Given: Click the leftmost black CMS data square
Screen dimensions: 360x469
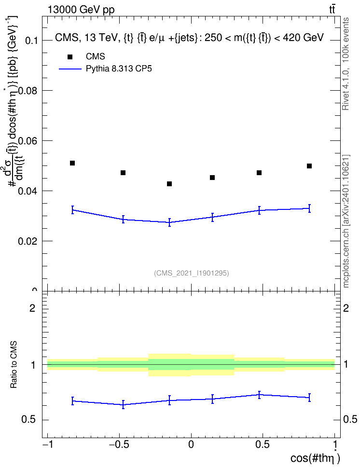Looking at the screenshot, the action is (x=72, y=163).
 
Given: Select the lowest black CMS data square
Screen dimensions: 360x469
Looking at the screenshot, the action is (x=169, y=184).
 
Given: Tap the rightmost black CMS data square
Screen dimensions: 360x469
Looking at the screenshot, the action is (x=309, y=166).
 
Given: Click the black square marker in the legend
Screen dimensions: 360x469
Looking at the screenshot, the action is (x=70, y=57).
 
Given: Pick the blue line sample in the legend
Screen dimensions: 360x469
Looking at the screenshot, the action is (x=70, y=69).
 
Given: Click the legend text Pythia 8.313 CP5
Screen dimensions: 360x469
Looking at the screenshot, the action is (x=119, y=69).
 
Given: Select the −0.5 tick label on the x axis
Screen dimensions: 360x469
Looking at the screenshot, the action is (x=119, y=444).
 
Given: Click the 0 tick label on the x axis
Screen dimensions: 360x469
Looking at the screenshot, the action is (x=191, y=444).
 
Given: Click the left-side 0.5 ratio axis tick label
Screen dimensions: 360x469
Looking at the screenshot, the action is (x=29, y=420).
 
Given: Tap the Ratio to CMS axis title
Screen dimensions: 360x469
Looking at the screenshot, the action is (x=14, y=365).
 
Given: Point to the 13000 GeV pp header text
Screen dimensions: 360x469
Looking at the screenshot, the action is (x=81, y=10).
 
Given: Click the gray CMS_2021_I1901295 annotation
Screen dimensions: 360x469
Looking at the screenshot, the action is (x=192, y=273).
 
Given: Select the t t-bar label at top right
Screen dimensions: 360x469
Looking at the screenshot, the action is (x=332, y=9).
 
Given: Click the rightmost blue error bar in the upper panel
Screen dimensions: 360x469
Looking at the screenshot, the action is (x=309, y=208).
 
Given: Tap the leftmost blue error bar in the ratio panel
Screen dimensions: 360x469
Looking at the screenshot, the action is (x=72, y=401).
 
